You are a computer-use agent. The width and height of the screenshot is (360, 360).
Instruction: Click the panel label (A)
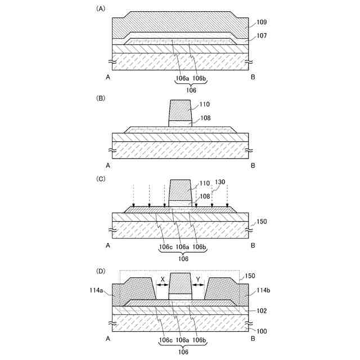pos(101,9)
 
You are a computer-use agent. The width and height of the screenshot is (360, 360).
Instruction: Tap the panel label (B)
pos(101,97)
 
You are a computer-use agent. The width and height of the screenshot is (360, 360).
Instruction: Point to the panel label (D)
pos(101,271)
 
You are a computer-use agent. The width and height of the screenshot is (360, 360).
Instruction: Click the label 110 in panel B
pos(204,105)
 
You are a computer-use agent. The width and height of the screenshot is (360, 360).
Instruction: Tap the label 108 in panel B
pos(204,119)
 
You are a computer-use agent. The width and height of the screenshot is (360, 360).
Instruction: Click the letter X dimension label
pos(162,278)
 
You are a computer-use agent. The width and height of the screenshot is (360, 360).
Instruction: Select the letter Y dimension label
pos(198,278)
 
